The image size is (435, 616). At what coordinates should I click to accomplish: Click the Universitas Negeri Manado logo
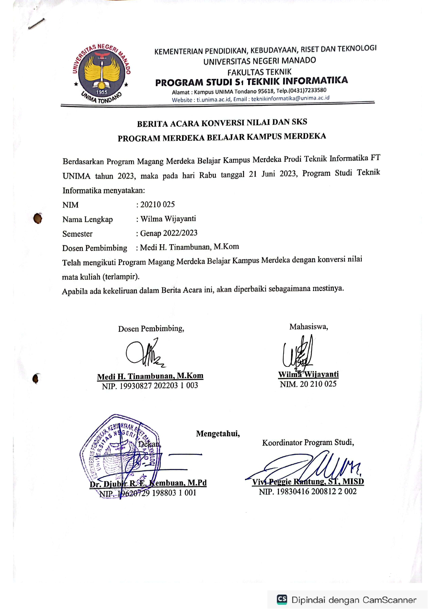tap(101, 74)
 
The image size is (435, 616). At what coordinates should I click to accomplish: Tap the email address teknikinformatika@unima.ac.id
tap(290, 98)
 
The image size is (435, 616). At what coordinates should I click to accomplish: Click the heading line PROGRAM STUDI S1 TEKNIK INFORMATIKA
tap(251, 81)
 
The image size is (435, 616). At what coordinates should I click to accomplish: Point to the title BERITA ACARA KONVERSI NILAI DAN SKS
tap(222, 123)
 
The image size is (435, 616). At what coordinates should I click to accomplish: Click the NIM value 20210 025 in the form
tap(158, 204)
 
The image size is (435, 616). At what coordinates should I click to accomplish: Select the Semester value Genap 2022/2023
tap(169, 233)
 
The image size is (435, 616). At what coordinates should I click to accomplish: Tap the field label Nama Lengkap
tap(87, 219)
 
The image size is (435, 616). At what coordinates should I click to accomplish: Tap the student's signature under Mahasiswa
tap(298, 352)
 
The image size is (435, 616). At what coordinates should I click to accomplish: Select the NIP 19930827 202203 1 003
tap(150, 386)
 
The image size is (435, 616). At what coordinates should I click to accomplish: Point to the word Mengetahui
tap(218, 434)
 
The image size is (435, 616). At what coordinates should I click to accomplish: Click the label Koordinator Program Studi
tap(308, 443)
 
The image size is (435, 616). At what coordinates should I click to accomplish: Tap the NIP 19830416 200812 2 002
tap(308, 492)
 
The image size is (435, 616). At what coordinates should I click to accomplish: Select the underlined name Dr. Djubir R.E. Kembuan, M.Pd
tap(148, 483)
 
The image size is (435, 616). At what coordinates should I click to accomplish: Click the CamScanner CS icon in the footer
tap(282, 599)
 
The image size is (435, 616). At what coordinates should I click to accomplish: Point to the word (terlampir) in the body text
tap(121, 277)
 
